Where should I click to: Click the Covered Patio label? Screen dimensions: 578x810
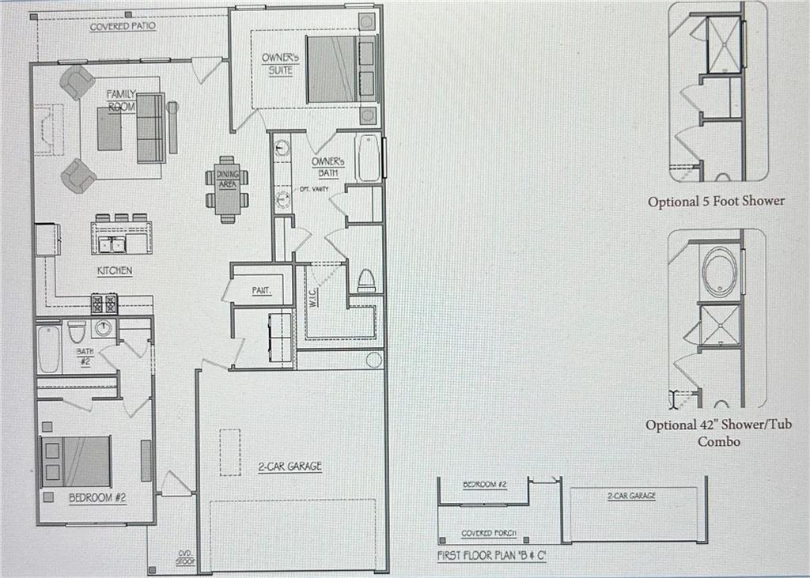[123, 26]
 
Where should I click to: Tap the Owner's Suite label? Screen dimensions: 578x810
[279, 64]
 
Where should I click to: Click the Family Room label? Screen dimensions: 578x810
[121, 100]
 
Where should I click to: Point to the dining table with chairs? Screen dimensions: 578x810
[227, 191]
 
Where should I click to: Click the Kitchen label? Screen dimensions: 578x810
[114, 270]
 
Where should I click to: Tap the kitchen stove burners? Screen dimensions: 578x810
[105, 303]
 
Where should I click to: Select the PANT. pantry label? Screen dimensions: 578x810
[262, 290]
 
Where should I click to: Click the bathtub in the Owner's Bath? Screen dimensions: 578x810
[368, 158]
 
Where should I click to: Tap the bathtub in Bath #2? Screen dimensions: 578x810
[49, 349]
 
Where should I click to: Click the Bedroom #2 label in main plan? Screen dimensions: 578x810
[97, 498]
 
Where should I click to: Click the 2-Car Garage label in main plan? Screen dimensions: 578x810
[290, 467]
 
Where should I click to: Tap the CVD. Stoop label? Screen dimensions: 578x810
[184, 557]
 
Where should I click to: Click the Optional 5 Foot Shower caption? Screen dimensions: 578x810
[716, 201]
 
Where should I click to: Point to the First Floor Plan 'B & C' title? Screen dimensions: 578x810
[493, 556]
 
